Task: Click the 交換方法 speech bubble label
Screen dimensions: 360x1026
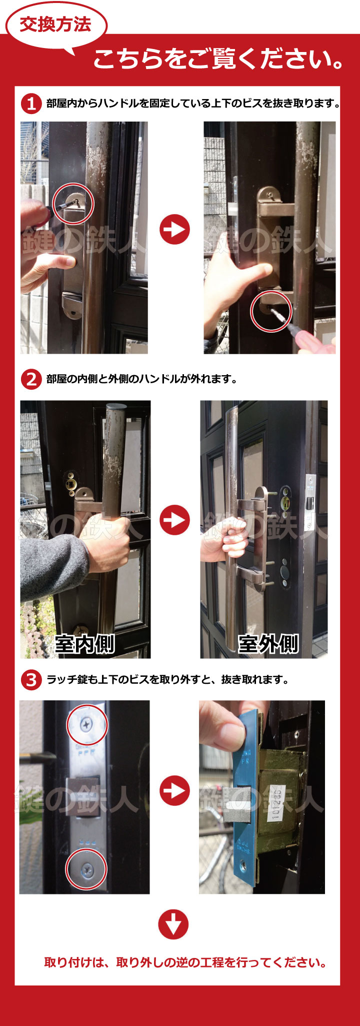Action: point(55,25)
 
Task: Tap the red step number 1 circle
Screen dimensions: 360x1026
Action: point(31,104)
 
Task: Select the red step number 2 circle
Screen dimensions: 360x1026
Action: point(31,379)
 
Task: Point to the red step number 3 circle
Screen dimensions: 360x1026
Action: point(31,680)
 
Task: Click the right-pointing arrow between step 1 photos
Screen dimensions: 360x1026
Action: point(174,230)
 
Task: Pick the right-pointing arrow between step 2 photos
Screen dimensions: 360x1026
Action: point(174,520)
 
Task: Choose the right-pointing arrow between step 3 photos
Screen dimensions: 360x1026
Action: point(174,790)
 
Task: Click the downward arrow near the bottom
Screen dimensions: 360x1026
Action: point(173,924)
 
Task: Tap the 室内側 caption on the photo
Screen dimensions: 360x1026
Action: point(85,644)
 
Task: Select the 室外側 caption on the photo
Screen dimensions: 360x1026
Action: point(268,644)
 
